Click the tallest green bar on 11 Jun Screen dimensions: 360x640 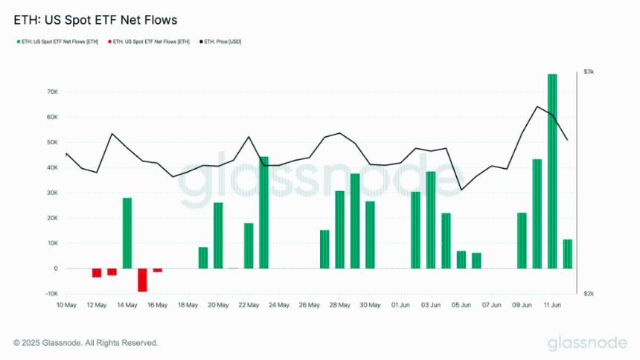click(x=552, y=171)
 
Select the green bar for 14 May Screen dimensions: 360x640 click(x=127, y=233)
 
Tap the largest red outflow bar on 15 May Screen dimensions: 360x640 click(x=142, y=280)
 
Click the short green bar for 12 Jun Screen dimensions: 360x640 click(x=568, y=254)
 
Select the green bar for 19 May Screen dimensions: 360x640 click(x=203, y=257)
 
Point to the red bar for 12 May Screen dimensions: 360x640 click(x=97, y=272)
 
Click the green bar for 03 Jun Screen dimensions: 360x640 click(x=430, y=220)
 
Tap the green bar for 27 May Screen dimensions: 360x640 click(x=324, y=249)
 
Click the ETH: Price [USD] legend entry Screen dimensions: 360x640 click(x=221, y=42)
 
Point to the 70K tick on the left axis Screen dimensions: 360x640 click(x=52, y=92)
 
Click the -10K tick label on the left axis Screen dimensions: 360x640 click(x=51, y=294)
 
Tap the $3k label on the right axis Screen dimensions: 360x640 click(x=589, y=71)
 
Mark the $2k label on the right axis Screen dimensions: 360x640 click(x=589, y=294)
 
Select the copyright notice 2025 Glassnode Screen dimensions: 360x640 click(x=86, y=343)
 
